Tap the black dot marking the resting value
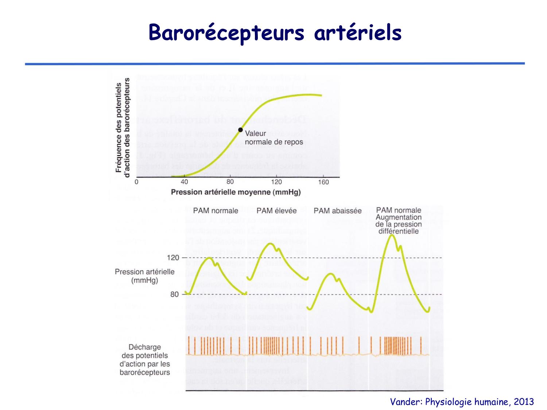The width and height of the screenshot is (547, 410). click(x=240, y=130)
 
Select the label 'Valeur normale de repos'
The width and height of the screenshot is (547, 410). click(x=273, y=138)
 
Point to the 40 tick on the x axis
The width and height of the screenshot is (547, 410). click(x=184, y=182)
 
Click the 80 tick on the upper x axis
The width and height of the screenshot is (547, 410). click(x=230, y=182)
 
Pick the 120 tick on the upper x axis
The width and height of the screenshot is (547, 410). click(x=276, y=182)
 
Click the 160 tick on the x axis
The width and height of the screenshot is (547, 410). click(x=323, y=182)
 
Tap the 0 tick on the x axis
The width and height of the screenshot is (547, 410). click(x=136, y=182)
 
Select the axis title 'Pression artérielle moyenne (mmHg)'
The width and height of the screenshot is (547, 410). click(x=236, y=192)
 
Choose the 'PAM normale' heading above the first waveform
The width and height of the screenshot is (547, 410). click(x=216, y=211)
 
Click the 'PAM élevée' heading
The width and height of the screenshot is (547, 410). click(x=276, y=211)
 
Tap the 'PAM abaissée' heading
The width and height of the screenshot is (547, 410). click(x=337, y=211)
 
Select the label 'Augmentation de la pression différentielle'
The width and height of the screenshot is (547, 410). click(x=399, y=224)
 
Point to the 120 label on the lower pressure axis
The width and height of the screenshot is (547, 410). click(x=173, y=258)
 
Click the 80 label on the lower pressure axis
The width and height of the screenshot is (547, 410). click(x=175, y=294)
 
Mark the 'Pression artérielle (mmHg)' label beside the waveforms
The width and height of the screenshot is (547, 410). click(x=145, y=276)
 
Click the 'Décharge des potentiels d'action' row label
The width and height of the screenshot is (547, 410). click(x=145, y=360)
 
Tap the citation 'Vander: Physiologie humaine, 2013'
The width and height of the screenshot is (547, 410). click(x=462, y=402)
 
